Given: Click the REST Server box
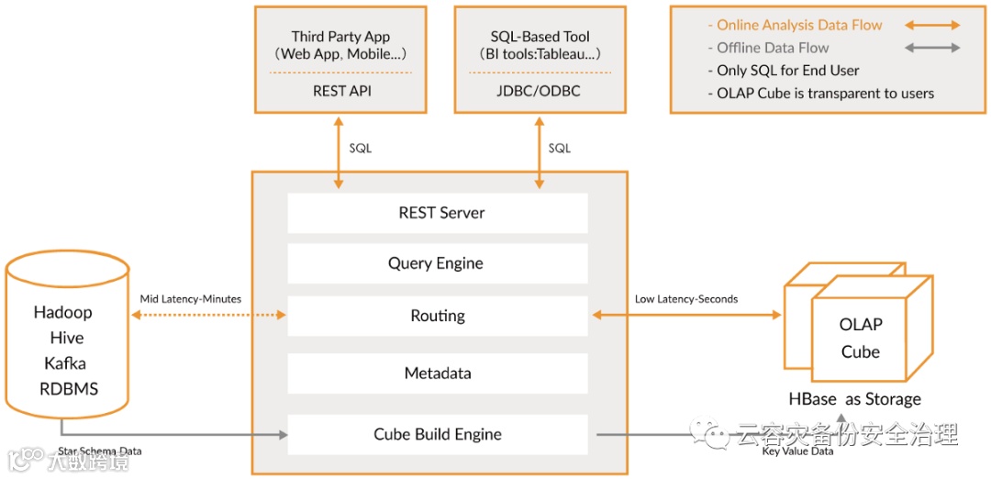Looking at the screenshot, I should pos(438,213).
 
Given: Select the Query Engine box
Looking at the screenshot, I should pos(438,263).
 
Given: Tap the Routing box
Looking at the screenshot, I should pos(438,316).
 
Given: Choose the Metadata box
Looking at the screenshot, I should pos(438,373).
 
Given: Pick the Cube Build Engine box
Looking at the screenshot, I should pos(438,434).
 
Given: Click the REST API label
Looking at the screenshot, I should pos(341,91).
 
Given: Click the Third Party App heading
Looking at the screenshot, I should pos(340,37).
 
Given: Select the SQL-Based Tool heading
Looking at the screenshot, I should pos(540,37).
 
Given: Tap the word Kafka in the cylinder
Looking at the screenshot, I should pos(64,363).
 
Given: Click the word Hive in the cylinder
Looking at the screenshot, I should pos(66,338).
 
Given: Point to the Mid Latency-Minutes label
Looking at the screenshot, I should pos(191,299).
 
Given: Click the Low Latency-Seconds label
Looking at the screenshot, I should pos(686,299).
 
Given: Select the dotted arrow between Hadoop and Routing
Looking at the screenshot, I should pos(209,316).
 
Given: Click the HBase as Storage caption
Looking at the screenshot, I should pos(854,399).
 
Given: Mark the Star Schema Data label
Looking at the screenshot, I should pos(100,451).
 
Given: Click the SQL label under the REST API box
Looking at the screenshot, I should pos(361,148).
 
